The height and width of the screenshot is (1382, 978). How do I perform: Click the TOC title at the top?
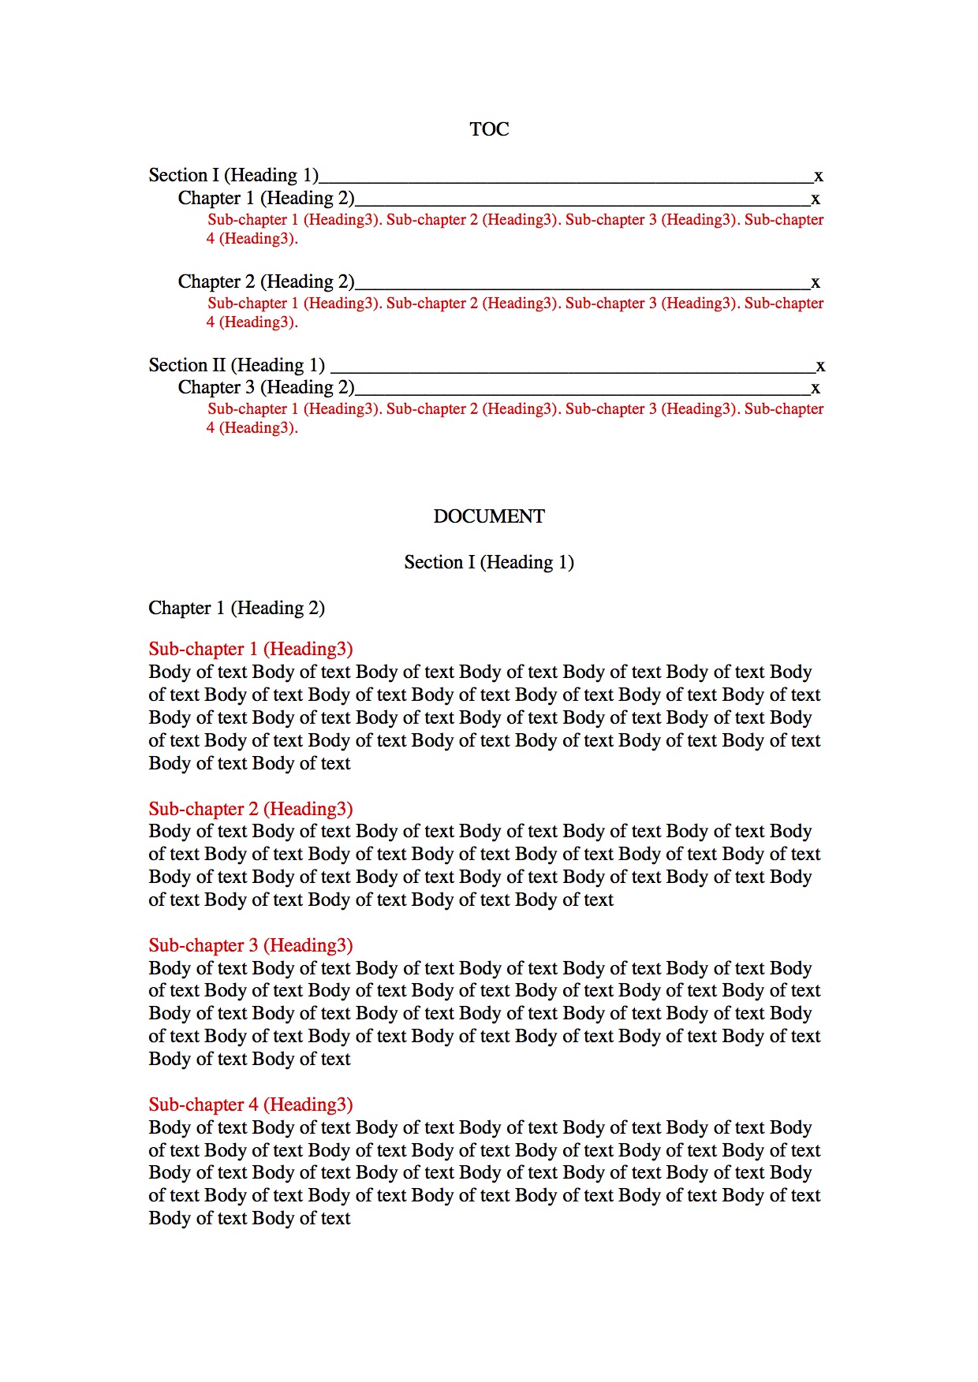[x=489, y=129]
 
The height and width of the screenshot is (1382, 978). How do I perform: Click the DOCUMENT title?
[x=489, y=516]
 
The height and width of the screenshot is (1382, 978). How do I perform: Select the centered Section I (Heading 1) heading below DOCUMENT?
[x=489, y=562]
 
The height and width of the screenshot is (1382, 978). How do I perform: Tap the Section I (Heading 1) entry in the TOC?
[x=233, y=175]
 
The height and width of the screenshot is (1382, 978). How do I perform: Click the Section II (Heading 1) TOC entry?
[x=237, y=365]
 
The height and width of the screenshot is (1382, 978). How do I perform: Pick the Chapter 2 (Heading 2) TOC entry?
[x=266, y=281]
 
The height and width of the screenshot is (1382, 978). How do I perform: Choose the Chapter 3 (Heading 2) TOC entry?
[x=266, y=387]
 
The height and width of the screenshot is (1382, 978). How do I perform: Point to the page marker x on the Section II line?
[x=820, y=367]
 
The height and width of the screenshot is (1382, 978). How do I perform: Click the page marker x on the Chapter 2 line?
[x=816, y=283]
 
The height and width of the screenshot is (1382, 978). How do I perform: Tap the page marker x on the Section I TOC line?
[x=819, y=177]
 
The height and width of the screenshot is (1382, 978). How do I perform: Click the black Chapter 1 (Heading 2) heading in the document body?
[x=237, y=608]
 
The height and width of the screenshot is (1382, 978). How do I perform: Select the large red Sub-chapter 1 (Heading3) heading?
[x=251, y=649]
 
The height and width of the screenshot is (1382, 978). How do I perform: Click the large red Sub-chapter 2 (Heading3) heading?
[x=251, y=809]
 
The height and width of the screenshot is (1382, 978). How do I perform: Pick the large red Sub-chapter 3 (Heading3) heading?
[x=251, y=945]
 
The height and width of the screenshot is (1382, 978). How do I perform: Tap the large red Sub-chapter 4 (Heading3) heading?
[x=251, y=1104]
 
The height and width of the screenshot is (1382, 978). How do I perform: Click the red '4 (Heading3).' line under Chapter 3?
[x=252, y=428]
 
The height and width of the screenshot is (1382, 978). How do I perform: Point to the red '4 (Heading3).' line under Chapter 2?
[x=252, y=322]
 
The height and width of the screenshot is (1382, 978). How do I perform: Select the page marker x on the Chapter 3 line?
[x=816, y=389]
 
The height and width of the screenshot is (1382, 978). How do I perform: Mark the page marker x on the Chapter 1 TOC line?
[x=816, y=199]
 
